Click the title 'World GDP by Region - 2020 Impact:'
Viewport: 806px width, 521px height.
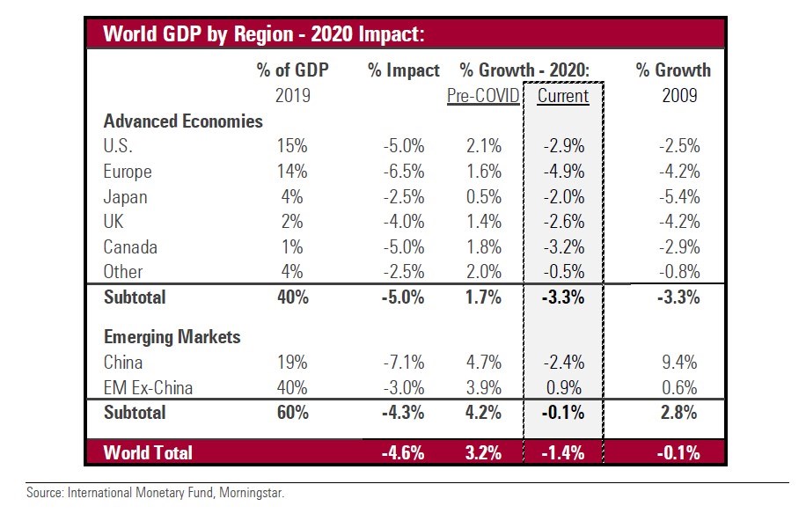tap(264, 34)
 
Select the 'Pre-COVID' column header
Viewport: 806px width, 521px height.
tap(482, 96)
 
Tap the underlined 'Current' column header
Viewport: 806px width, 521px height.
tap(563, 96)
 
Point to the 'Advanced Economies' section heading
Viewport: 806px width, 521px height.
tap(183, 121)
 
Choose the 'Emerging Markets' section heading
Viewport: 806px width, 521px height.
tap(172, 336)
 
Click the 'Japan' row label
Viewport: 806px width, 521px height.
tap(125, 197)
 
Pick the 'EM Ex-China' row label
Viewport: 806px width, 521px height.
tap(147, 387)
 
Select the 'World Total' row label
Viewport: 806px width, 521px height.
tap(148, 453)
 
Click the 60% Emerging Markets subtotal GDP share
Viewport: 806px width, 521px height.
tap(292, 412)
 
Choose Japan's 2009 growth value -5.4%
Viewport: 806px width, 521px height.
tap(679, 197)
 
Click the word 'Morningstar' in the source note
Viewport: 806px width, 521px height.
tap(251, 494)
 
